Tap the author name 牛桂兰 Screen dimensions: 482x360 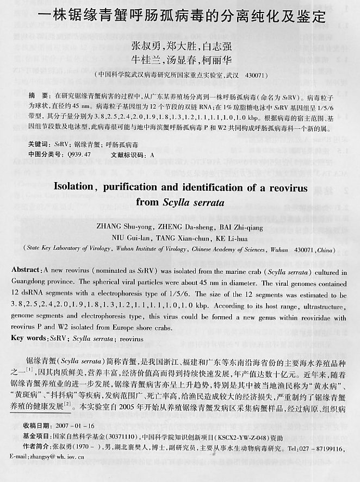pos(146,60)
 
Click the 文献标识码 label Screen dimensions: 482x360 pos(129,155)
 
